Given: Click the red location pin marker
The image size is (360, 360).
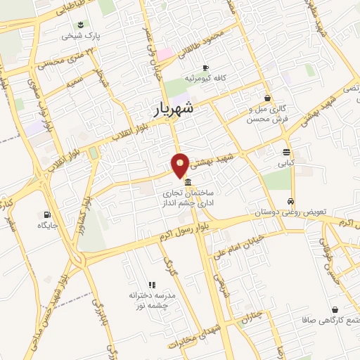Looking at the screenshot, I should point(181,165).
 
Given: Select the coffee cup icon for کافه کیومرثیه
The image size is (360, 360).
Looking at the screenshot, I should point(205,68).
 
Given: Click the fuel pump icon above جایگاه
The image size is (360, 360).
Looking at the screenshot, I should point(46,214).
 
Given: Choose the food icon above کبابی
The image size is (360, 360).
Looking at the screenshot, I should point(285,152).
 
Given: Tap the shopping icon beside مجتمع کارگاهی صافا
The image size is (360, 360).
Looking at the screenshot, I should point(334,309).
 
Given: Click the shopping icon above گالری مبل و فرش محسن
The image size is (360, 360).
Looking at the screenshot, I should point(267,98).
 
